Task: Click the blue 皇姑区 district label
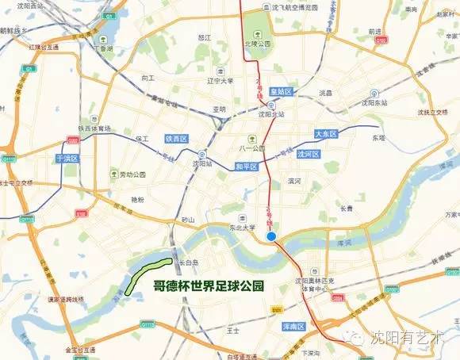click(282, 92)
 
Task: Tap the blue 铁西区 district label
click(175, 139)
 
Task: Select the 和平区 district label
click(247, 167)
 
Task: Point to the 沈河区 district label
click(307, 154)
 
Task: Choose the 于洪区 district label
click(67, 159)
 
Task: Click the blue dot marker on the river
click(271, 236)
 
